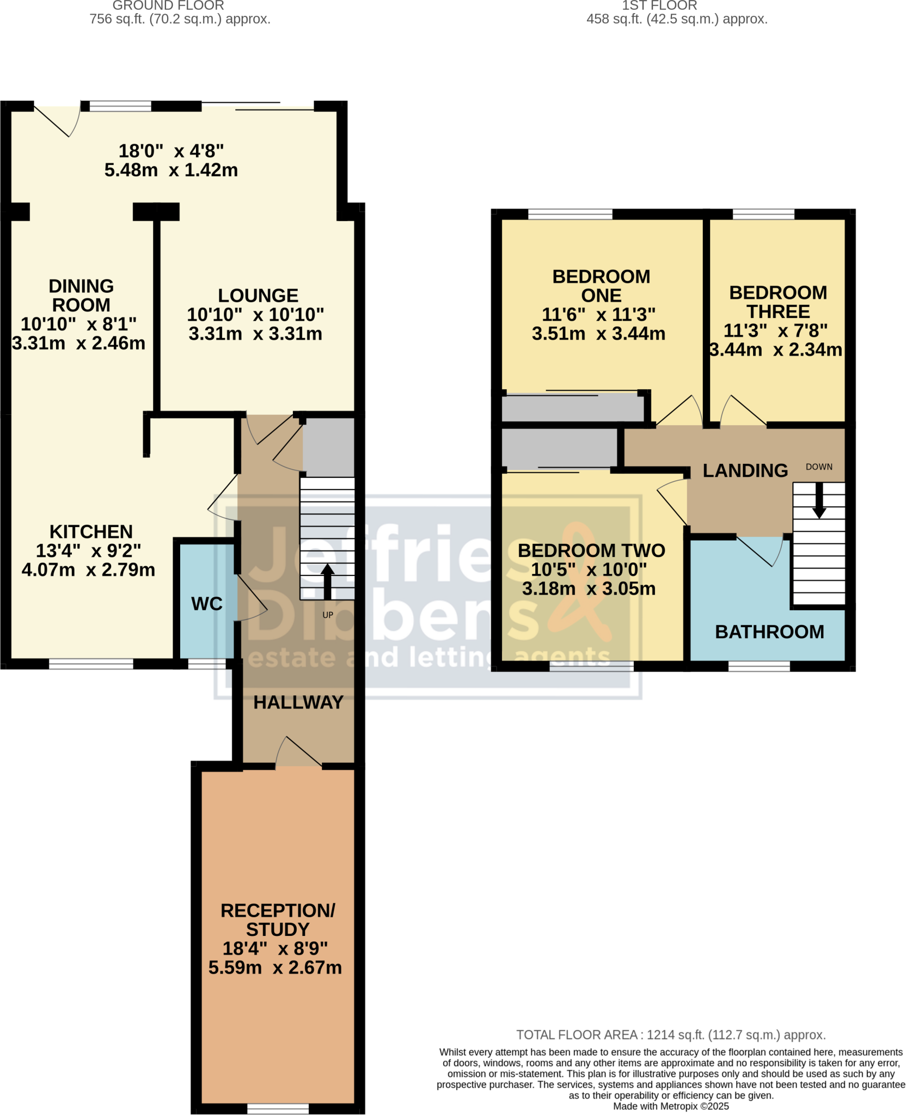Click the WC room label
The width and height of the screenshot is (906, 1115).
(207, 604)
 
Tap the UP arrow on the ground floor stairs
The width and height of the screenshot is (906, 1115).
(327, 582)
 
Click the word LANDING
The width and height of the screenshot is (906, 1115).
(745, 471)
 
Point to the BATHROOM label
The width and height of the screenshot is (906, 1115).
(769, 632)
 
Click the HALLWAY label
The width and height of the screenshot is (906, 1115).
(298, 703)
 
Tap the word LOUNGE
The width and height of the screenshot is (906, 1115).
(258, 296)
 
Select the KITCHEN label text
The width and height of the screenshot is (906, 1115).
(91, 532)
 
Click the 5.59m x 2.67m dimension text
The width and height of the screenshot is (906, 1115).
(275, 967)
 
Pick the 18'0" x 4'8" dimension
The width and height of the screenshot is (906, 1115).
(171, 151)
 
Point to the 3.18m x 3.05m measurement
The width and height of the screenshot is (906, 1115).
(589, 589)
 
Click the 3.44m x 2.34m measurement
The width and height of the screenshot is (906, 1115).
(776, 350)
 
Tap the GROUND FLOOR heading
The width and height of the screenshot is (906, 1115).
(168, 6)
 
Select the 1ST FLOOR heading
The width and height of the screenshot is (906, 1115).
(659, 6)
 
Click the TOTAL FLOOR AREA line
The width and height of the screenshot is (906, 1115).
(671, 1035)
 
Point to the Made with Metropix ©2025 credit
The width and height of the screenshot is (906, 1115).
(671, 1106)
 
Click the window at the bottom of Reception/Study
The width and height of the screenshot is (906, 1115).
(278, 1108)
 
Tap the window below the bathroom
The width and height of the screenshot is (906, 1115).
(759, 666)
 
